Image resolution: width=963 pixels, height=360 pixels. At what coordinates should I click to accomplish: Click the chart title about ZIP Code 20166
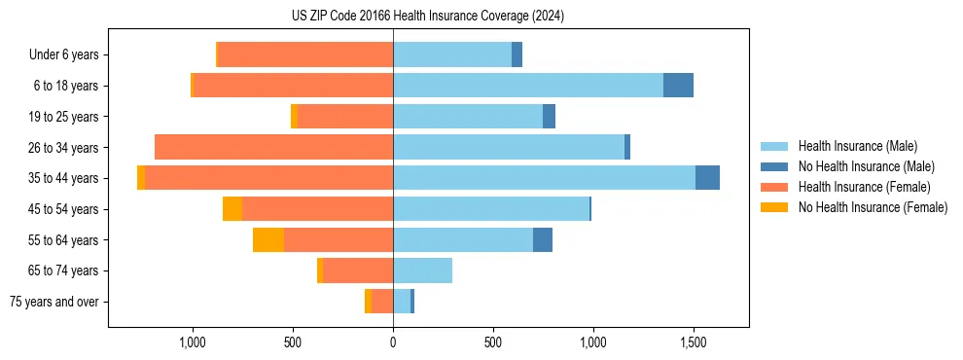coord(428,17)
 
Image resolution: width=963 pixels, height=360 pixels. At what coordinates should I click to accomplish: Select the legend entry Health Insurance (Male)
coord(856,146)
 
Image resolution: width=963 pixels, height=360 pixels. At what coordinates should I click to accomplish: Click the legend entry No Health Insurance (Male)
coord(866,166)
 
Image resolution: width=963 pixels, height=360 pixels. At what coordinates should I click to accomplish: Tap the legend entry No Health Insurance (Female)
coord(873,207)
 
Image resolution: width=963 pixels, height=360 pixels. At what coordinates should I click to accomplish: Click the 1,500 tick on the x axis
coord(694,343)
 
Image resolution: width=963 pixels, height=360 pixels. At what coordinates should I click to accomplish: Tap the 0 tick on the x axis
coord(393,343)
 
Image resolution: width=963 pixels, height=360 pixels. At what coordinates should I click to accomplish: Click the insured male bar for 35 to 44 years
coord(544,178)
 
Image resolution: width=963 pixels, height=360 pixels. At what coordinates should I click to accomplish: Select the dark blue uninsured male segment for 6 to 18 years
coord(678,86)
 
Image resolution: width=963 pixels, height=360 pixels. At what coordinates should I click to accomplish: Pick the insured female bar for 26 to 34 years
coord(273,147)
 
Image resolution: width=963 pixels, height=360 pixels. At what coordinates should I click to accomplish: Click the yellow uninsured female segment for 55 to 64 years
coord(268,239)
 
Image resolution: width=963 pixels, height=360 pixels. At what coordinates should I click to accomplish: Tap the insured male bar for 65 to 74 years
coord(422,270)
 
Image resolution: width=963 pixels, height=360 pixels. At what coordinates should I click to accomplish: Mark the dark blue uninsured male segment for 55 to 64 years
coord(543,239)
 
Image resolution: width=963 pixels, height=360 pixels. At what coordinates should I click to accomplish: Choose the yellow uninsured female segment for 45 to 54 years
coord(232,209)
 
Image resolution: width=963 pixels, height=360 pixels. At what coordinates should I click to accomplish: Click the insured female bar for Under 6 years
coord(305,55)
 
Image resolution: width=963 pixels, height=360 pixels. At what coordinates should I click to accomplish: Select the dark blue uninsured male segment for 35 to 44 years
coord(707,178)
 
